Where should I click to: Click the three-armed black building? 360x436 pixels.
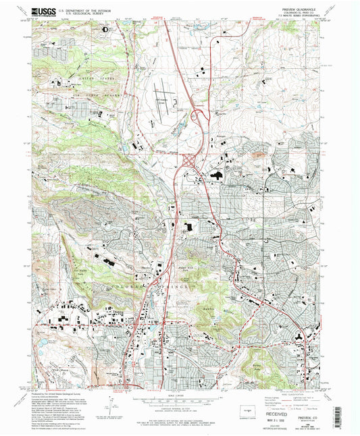pos(298,336)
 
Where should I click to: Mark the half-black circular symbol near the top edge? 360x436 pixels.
pos(105,30)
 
